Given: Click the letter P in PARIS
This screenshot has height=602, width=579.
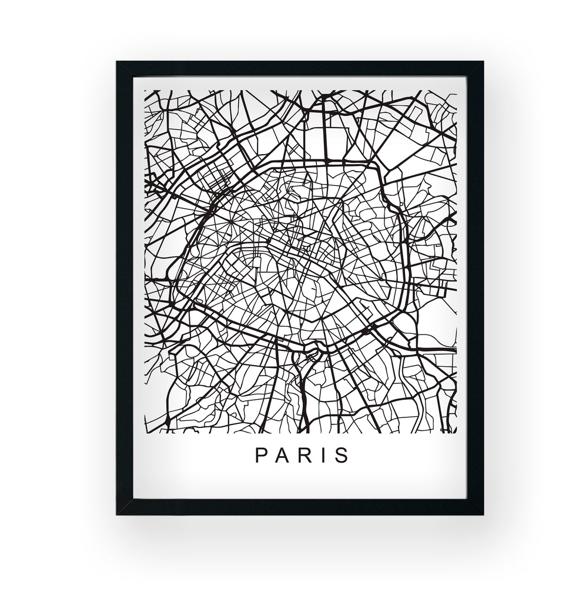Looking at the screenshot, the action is (260, 456).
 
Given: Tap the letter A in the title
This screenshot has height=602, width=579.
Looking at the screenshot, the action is (281, 456).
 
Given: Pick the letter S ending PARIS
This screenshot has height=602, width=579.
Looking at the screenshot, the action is (342, 456).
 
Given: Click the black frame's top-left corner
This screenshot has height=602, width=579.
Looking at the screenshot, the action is (117, 62).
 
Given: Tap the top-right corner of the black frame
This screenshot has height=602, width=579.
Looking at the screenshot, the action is (483, 62).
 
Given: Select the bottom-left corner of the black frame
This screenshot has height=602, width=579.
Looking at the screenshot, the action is (117, 514).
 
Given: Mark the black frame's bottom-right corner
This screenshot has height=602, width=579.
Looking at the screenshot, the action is (483, 514).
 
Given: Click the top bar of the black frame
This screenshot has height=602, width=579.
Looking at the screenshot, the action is (300, 68).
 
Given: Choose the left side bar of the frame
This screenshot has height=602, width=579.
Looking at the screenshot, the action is (124, 288).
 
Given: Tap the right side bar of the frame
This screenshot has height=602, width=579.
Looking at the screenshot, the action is (475, 288).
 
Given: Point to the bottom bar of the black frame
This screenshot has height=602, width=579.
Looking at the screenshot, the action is (300, 507).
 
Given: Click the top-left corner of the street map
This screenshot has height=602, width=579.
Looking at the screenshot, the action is (145, 91).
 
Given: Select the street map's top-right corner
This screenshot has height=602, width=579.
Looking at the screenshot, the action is (457, 91).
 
